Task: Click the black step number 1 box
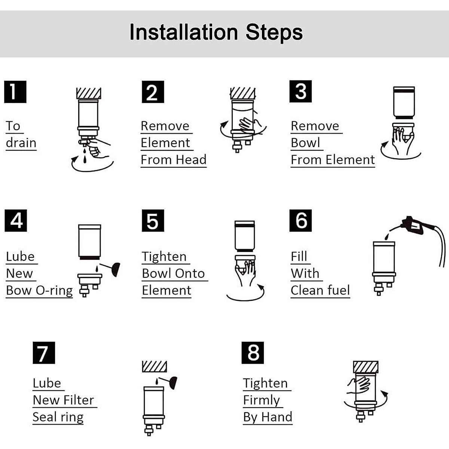tap(15, 92)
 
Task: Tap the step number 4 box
tap(16, 220)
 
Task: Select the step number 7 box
tap(44, 352)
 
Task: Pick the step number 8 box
tap(253, 352)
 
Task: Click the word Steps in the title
tap(274, 32)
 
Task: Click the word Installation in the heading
tap(184, 32)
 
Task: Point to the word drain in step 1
tap(21, 143)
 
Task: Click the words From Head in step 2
tap(173, 159)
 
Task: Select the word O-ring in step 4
tap(56, 290)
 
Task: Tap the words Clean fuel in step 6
tap(320, 290)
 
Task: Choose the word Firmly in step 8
tap(262, 400)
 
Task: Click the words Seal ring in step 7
tap(58, 417)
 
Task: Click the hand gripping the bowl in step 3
tap(402, 140)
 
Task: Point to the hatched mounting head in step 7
tap(155, 366)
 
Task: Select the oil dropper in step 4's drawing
tap(114, 269)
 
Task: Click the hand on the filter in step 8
tap(359, 385)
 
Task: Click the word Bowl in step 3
tap(305, 143)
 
